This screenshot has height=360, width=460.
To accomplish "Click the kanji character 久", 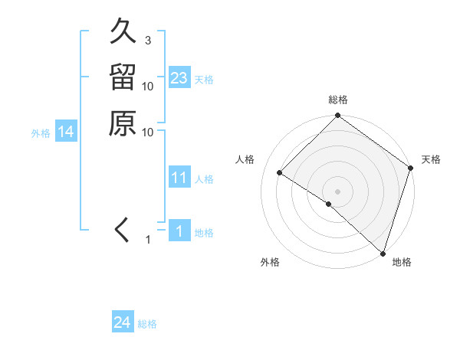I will (123, 34).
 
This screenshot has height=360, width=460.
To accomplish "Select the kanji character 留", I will (123, 79).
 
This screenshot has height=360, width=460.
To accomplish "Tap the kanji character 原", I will (123, 123).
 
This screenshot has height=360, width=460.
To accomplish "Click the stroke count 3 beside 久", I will (147, 40).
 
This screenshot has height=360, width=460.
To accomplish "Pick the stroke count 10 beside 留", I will (148, 86).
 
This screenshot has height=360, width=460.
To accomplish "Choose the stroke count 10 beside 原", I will (148, 132).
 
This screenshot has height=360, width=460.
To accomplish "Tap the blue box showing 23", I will (179, 78).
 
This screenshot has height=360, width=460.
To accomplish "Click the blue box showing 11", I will (179, 178).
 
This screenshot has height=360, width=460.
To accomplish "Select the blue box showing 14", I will (66, 133).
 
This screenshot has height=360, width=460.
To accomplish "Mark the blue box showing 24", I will (123, 322).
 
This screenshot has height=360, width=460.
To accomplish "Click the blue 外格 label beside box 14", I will (41, 133).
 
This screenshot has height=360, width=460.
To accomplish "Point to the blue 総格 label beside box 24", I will (147, 324).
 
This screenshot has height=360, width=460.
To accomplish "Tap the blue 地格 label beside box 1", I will (204, 232).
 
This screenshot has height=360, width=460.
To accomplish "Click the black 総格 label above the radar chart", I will (337, 100).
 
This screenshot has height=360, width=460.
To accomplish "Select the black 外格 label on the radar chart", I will (270, 263).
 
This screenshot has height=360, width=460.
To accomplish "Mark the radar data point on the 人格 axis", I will (280, 173).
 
